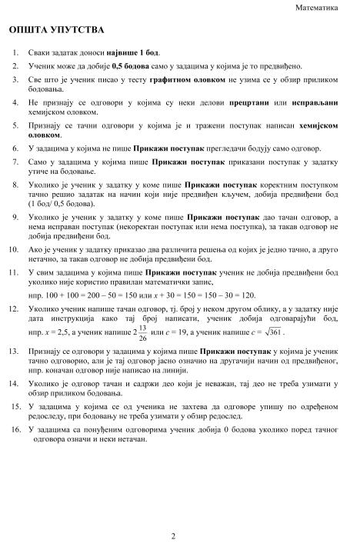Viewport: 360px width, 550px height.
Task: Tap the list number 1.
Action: [17, 52]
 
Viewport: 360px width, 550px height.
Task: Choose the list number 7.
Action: [17, 162]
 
